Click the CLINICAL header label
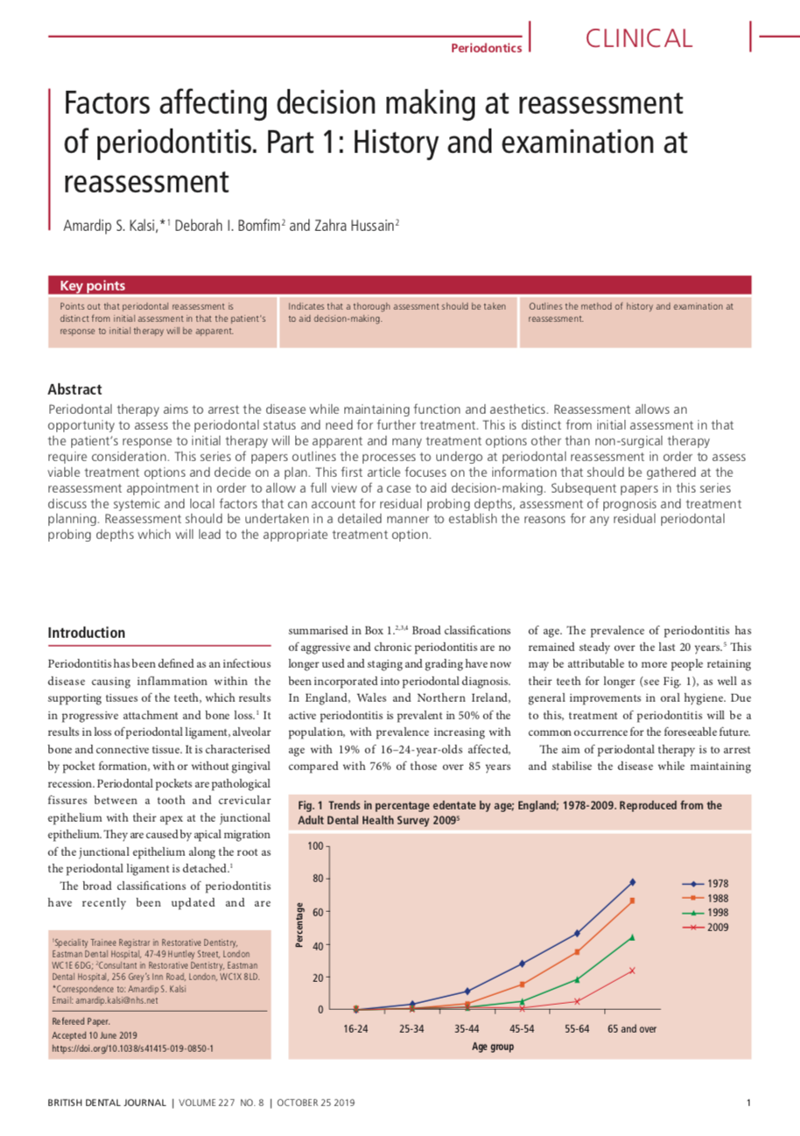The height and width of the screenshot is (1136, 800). click(638, 38)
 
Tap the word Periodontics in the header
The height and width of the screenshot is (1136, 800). click(486, 47)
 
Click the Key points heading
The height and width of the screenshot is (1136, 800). click(92, 285)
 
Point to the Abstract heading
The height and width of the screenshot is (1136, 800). click(75, 389)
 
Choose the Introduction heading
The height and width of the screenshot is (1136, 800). click(87, 632)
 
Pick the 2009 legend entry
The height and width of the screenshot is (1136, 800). click(717, 926)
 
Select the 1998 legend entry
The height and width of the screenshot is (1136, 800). click(717, 912)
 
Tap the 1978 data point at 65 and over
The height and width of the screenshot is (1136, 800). click(632, 882)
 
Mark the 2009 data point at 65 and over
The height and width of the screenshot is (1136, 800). click(632, 970)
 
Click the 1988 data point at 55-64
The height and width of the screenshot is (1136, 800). click(577, 951)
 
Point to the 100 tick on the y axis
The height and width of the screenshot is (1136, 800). click(315, 845)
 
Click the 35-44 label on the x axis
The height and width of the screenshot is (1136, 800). click(467, 1029)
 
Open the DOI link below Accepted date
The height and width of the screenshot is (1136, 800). click(133, 1048)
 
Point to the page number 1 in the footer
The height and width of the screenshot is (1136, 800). click(749, 1102)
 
